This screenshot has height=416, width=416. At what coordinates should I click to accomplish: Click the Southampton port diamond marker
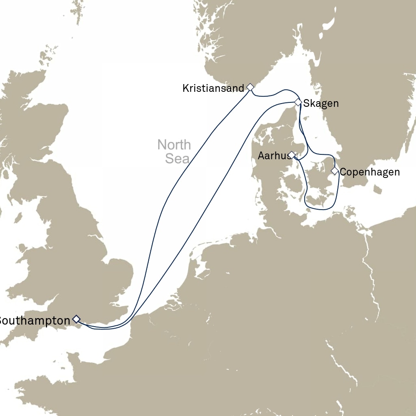[76, 319]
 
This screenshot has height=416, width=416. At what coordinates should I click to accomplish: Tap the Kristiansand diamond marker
[250, 87]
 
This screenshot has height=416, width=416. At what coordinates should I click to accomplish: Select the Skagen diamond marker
[298, 102]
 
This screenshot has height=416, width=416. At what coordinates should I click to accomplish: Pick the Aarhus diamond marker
[292, 154]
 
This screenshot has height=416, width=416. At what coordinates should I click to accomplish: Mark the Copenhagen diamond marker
[334, 171]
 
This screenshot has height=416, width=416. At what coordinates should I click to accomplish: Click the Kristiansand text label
[213, 88]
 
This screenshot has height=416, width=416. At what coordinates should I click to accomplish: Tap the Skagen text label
[321, 104]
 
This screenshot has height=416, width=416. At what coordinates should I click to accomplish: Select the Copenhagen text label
[369, 172]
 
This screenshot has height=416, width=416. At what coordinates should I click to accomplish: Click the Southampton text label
[34, 321]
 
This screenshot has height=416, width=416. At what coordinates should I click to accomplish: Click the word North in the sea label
[174, 145]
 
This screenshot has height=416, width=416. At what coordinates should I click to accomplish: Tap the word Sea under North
[177, 158]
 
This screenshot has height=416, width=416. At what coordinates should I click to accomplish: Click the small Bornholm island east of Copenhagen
[378, 189]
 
